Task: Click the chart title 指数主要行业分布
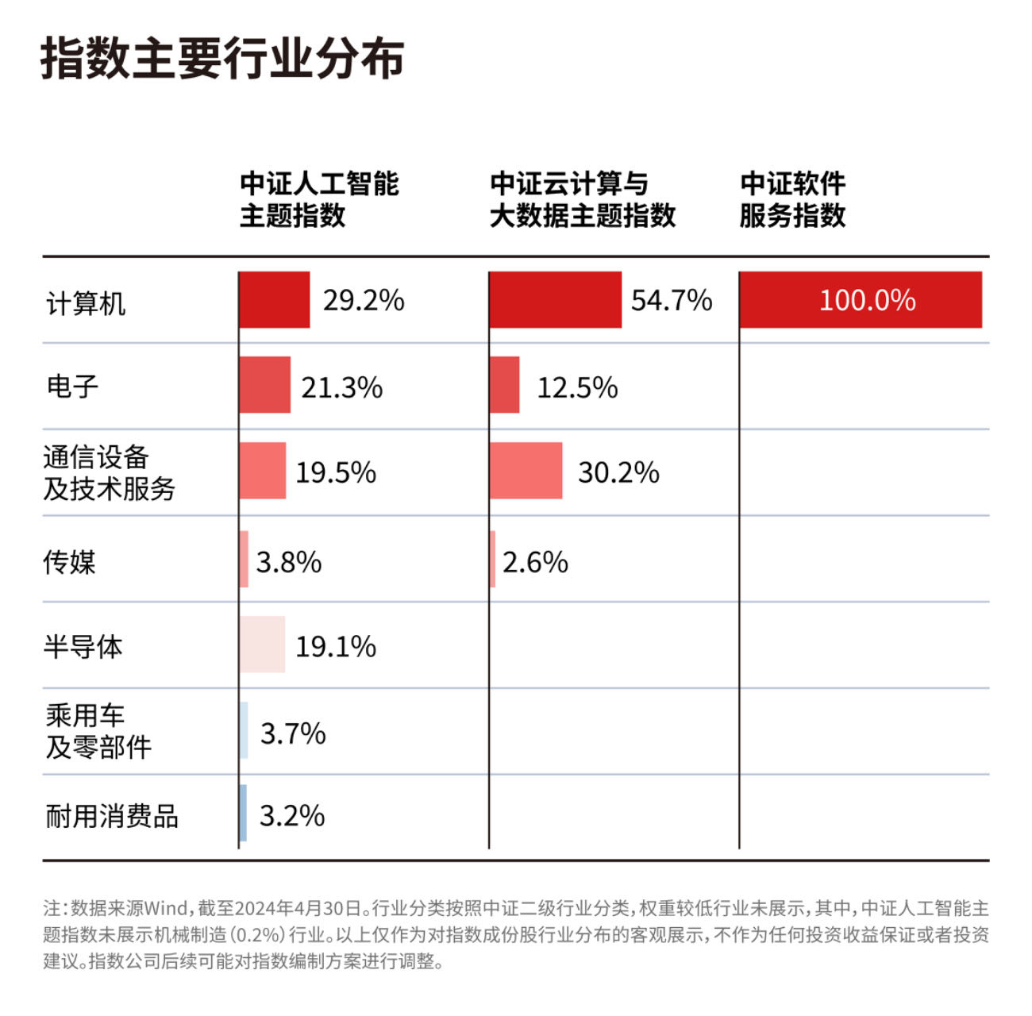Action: (x=222, y=59)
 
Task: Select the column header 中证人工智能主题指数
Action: (x=319, y=199)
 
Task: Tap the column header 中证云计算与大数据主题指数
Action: (x=582, y=199)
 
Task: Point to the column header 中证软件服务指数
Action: (x=792, y=199)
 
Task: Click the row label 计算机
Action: (x=86, y=303)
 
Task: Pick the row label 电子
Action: (x=72, y=387)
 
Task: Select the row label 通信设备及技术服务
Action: (x=109, y=473)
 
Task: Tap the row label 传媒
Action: (x=70, y=562)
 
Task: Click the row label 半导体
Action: (x=83, y=647)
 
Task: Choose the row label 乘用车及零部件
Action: (x=98, y=731)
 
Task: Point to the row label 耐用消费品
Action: (x=112, y=816)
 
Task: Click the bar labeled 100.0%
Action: (x=861, y=300)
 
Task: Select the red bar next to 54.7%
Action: (x=555, y=300)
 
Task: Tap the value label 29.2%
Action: (x=364, y=301)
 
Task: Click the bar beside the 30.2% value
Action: (x=526, y=471)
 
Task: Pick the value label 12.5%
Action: (x=577, y=387)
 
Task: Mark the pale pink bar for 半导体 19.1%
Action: (x=262, y=645)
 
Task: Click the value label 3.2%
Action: (x=292, y=816)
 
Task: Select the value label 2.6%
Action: (x=535, y=562)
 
